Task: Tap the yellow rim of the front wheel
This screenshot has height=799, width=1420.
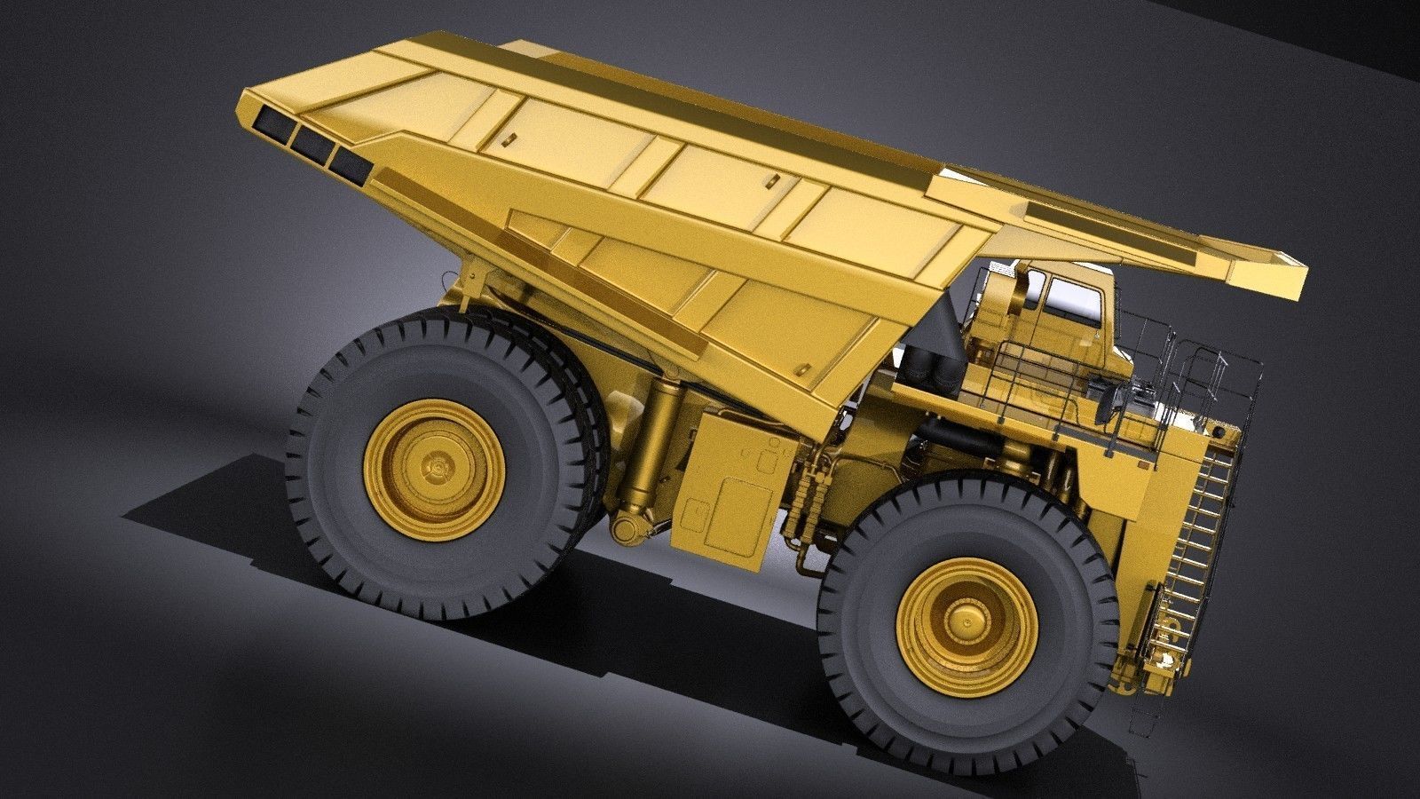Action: tap(923, 657)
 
